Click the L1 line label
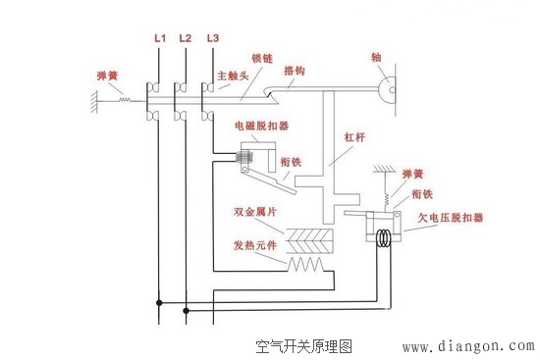pos(160,38)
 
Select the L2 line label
pos(186,38)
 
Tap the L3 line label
pos(213,38)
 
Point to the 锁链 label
pos(262,58)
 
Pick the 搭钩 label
pos(295,71)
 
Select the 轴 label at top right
pos(377,56)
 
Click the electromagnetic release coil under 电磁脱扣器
pos(250,154)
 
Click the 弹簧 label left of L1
pos(108,75)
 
